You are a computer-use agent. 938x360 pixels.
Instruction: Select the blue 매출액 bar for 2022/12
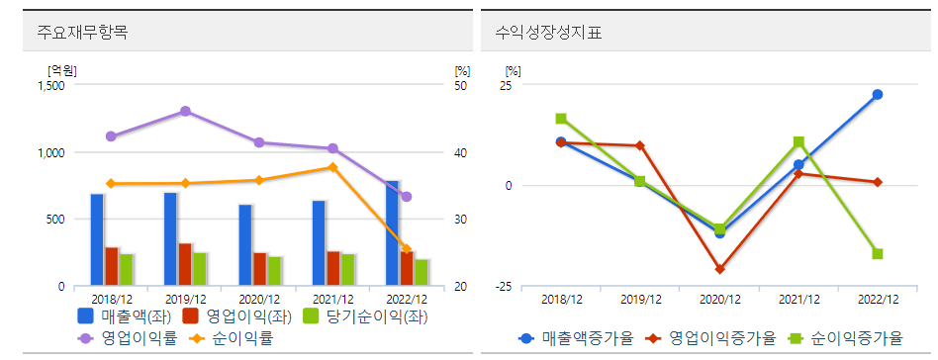tap(392, 233)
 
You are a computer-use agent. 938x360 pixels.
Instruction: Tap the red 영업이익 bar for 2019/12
tap(185, 264)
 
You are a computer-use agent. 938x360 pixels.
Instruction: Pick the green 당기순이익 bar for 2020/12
tap(274, 271)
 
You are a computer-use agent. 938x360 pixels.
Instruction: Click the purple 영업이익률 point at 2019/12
tap(185, 112)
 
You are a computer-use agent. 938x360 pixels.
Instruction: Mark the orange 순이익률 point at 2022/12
tap(406, 249)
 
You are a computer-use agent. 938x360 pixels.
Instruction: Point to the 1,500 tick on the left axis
tap(49, 86)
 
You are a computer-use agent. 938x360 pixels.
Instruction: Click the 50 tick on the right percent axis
tap(461, 86)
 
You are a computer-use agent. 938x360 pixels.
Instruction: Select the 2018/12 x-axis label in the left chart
tap(112, 299)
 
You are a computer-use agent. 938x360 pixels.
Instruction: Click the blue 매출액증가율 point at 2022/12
tap(877, 95)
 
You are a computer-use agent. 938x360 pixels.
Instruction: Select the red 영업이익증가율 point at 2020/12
tap(719, 269)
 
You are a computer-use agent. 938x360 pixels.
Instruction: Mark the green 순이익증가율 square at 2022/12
tap(877, 254)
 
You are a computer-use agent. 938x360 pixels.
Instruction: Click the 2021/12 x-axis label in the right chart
tap(798, 299)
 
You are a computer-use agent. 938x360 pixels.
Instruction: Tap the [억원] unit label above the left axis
tap(62, 69)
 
